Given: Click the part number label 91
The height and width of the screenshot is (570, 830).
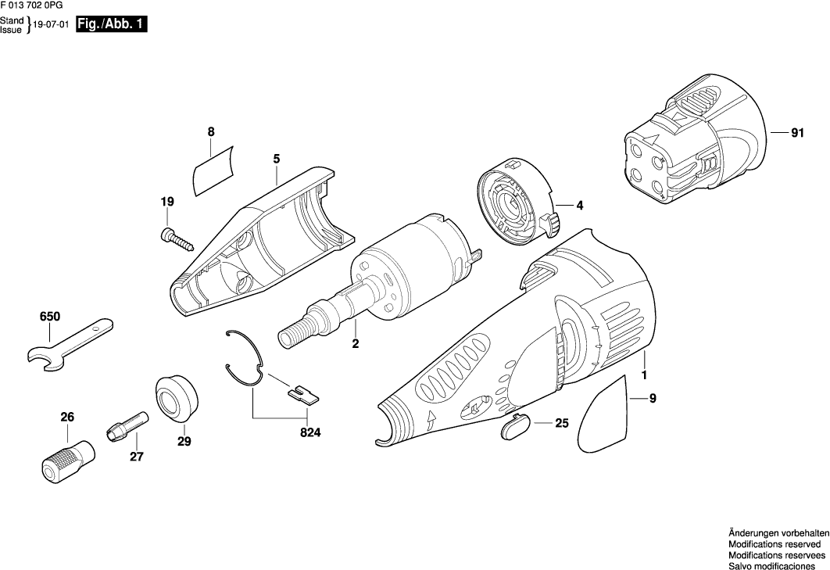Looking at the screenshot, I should point(796,134).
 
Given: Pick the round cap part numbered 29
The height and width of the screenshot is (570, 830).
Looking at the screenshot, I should point(177,399).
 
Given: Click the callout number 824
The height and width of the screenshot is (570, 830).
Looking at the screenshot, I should point(310,431).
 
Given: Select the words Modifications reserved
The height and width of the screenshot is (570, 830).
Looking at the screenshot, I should point(774,543).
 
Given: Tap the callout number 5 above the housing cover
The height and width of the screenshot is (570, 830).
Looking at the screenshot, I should point(277,159).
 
